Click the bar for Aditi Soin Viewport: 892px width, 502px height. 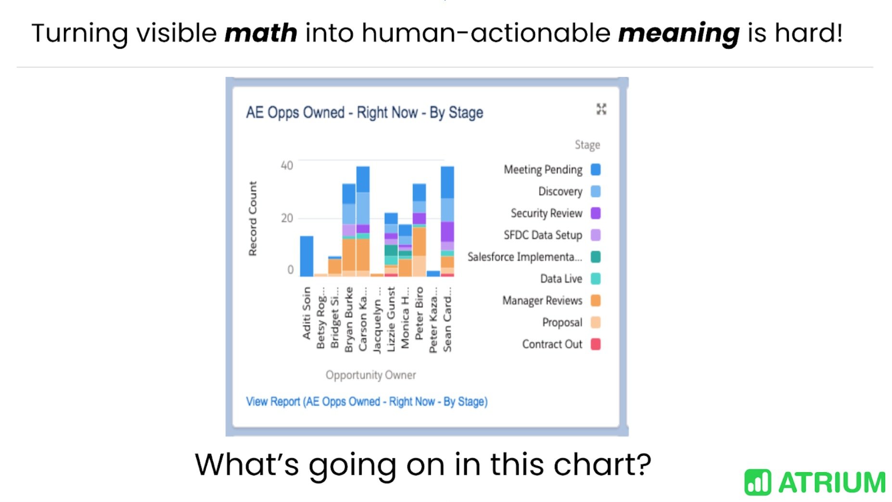306,256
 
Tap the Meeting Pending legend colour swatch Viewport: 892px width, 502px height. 596,169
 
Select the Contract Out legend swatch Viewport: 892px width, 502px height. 596,344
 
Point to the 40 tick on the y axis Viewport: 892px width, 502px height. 287,165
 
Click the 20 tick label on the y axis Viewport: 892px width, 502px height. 287,218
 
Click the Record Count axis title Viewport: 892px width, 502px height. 253,218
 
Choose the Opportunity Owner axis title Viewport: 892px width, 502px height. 370,375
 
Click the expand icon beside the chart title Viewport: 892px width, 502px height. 601,109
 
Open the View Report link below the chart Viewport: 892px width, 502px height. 367,402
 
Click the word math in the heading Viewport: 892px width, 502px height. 261,33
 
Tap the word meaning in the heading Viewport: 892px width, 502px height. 678,33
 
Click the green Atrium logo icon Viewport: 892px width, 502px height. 757,482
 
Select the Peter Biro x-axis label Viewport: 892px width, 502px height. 419,313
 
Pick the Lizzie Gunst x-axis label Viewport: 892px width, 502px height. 391,319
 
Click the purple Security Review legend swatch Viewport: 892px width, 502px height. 596,213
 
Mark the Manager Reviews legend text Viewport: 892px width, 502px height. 542,301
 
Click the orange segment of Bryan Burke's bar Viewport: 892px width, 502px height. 349,255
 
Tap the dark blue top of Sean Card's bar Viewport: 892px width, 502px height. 447,182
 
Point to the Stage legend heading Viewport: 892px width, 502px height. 587,145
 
